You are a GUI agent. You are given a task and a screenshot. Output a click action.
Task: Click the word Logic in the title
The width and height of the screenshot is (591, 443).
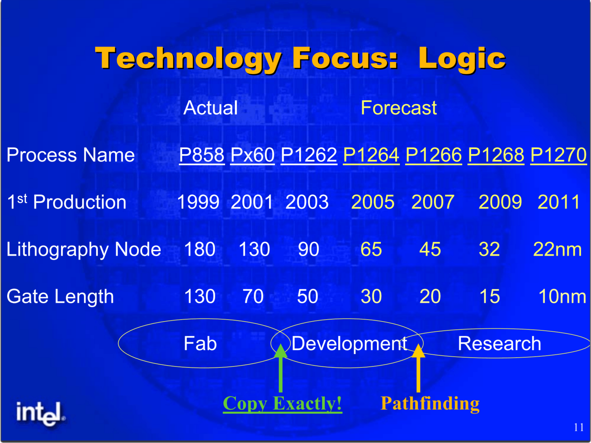(462, 59)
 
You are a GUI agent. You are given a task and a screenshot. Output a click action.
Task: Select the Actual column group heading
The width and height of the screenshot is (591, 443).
(211, 108)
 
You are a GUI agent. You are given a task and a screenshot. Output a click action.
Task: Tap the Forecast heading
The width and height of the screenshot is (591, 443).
(399, 108)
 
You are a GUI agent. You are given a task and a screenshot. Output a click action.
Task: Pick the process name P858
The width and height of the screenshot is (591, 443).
(202, 155)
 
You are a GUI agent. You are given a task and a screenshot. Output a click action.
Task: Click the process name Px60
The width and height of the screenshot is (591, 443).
(253, 155)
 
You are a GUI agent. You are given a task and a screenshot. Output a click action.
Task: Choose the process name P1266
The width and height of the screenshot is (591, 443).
(434, 155)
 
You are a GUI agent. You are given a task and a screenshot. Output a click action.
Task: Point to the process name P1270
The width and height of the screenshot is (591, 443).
(559, 155)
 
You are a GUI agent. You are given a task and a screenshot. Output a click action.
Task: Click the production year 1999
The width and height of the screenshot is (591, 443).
(198, 202)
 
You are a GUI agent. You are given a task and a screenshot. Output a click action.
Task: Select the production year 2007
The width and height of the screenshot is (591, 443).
(433, 202)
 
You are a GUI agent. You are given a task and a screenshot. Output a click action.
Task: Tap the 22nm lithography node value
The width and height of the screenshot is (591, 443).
(558, 249)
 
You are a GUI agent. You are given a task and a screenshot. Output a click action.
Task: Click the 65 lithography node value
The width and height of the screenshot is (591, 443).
(371, 249)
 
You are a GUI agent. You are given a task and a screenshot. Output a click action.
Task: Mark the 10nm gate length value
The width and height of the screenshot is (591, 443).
(562, 297)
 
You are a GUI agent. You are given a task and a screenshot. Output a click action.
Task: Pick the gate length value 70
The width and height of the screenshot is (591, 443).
(253, 297)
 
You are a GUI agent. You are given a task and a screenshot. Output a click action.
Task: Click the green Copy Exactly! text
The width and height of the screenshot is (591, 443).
(282, 404)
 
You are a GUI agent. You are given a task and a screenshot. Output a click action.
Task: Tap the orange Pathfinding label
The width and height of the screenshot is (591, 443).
(430, 404)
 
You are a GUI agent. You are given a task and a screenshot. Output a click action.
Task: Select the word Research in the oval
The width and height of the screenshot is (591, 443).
(499, 343)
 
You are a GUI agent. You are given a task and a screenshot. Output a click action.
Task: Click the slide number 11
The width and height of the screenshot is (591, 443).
(579, 427)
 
